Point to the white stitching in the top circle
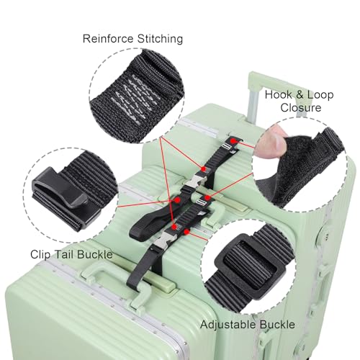pos(137,101)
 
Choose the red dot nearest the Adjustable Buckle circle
pos(188,233)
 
